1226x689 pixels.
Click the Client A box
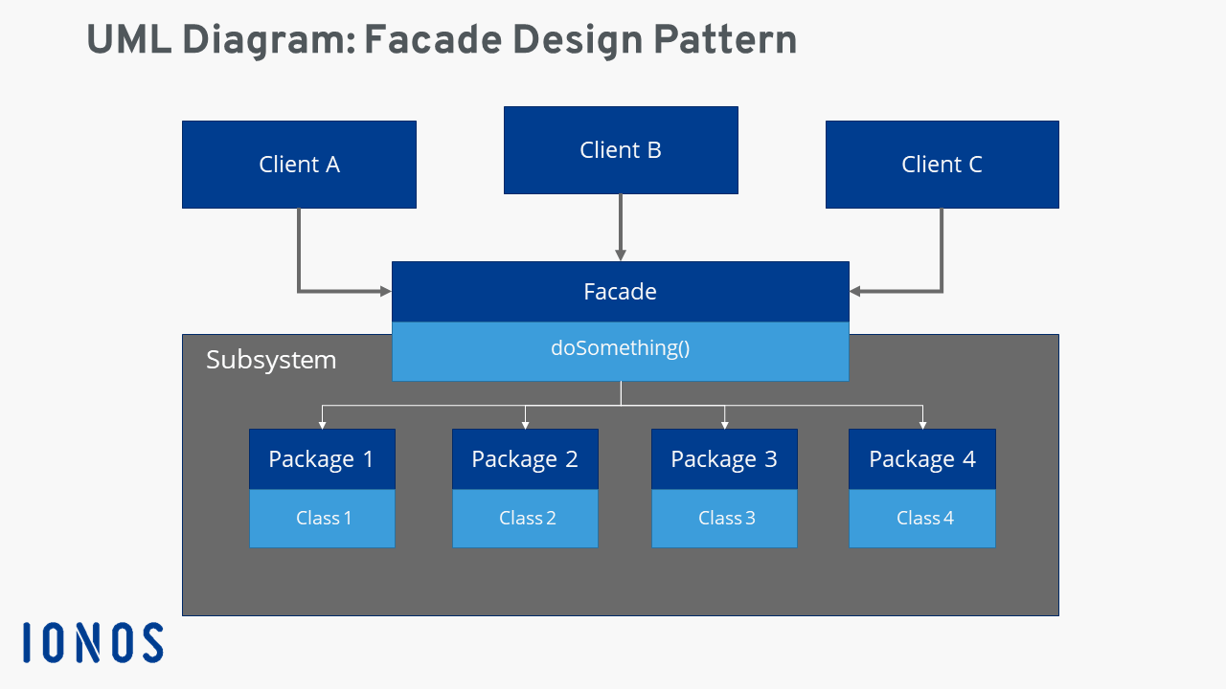coord(299,165)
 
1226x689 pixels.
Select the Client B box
coord(621,150)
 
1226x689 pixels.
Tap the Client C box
coord(942,165)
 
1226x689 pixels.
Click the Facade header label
coord(621,292)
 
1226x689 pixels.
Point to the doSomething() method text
coord(621,348)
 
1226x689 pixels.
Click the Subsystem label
coord(271,360)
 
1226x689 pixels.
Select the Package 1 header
coord(322,459)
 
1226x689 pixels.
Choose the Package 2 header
coord(525,459)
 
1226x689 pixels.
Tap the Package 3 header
coord(724,459)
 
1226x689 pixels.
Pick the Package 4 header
coord(922,459)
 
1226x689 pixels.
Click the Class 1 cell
coord(323,519)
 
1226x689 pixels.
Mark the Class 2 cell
coord(526,519)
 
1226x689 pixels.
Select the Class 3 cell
coord(725,519)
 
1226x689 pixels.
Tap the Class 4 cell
coord(923,519)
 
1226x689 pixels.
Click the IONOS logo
coord(93,643)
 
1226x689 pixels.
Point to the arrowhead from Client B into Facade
coord(621,256)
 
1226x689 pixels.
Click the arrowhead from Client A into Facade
coord(385,291)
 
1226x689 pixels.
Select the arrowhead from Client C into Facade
coord(855,291)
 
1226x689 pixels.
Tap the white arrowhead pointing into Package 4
coord(922,423)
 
